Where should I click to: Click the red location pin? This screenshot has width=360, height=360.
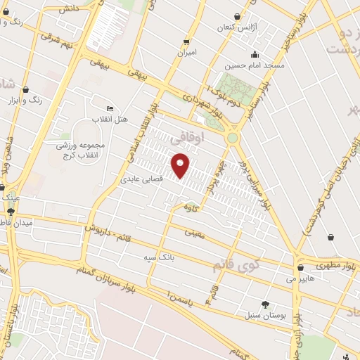tap(181, 165)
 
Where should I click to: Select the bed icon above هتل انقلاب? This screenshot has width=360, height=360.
tap(110, 108)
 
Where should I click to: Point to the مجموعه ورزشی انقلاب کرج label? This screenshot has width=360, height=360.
tap(80, 149)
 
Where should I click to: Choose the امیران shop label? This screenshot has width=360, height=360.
tap(187, 52)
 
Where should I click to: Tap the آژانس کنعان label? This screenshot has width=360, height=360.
tap(240, 26)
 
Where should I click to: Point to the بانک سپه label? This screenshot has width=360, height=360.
tap(160, 259)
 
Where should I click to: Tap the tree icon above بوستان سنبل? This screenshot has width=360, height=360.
tap(264, 304)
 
